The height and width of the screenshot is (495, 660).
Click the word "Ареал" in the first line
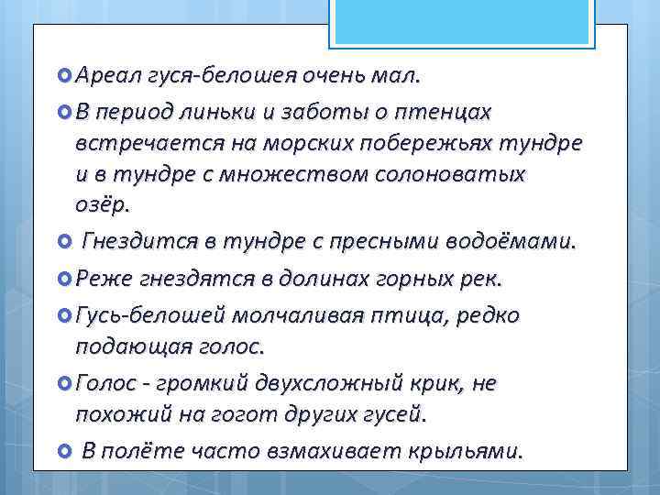click(x=104, y=73)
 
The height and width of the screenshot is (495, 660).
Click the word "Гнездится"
click(x=135, y=242)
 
